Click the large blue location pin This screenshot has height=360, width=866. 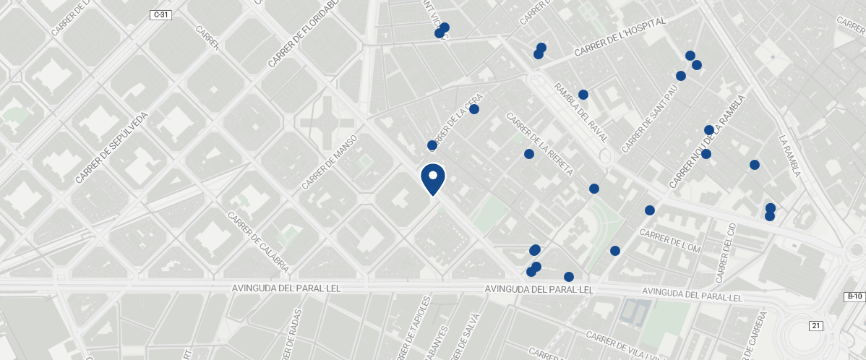(433, 179)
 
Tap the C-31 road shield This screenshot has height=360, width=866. (160, 15)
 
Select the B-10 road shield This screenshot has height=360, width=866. (854, 296)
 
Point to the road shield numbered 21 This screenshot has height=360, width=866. (816, 326)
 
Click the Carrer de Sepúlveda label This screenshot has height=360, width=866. (111, 147)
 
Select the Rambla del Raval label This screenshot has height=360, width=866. (580, 112)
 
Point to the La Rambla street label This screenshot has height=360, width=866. (790, 156)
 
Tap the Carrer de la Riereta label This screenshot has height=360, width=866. (540, 144)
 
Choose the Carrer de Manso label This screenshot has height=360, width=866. (330, 161)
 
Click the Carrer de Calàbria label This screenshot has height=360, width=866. (258, 242)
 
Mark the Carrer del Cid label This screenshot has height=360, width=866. (724, 253)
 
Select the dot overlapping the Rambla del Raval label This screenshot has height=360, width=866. (583, 95)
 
